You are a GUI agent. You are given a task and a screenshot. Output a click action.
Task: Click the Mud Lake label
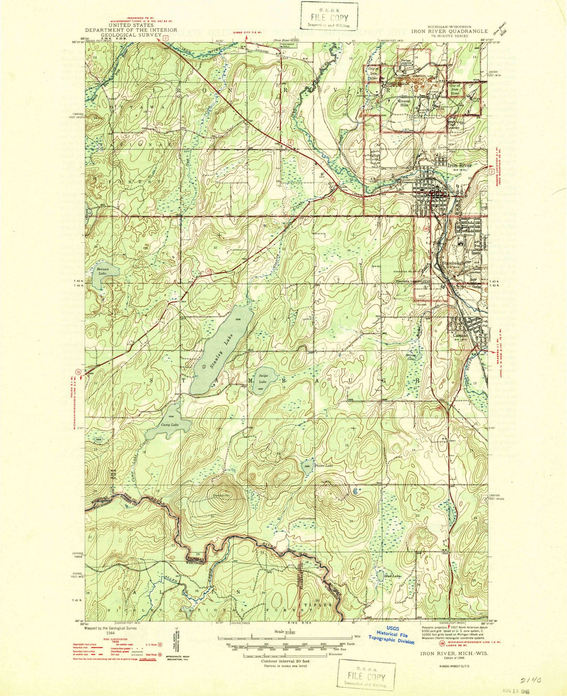392,576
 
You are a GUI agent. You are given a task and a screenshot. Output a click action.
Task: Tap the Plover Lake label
323,466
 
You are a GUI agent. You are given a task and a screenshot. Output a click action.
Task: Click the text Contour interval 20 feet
283,661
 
